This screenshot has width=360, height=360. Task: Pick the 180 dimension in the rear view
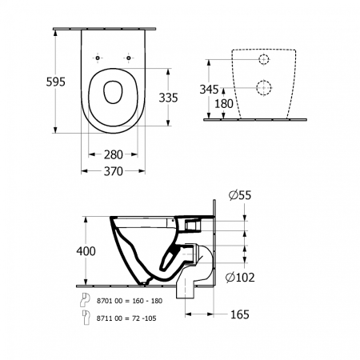click(224, 103)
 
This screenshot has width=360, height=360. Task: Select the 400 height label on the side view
click(86, 251)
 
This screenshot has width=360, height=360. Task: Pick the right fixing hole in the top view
click(127, 59)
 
